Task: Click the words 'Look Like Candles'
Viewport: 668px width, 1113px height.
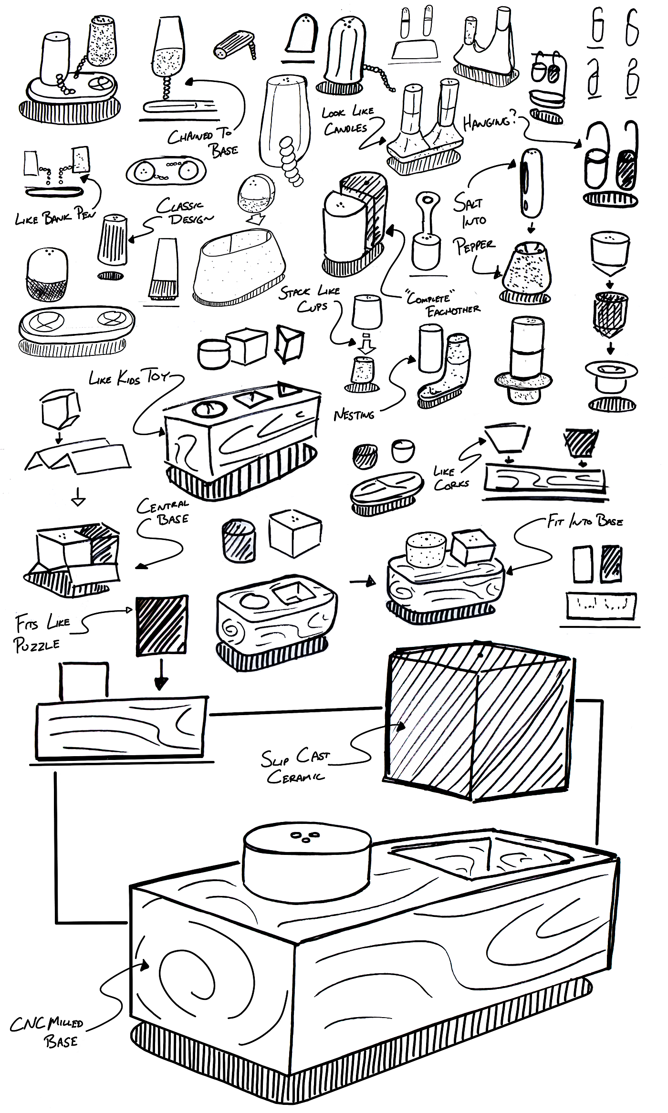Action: [347, 121]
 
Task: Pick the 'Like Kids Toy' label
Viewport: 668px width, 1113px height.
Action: [129, 377]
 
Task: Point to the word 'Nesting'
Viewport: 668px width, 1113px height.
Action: [354, 415]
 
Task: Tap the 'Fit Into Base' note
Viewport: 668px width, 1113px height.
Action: [585, 521]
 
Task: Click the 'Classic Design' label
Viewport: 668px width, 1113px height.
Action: [185, 212]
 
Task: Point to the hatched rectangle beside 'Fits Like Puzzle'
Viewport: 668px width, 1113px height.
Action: [162, 625]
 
